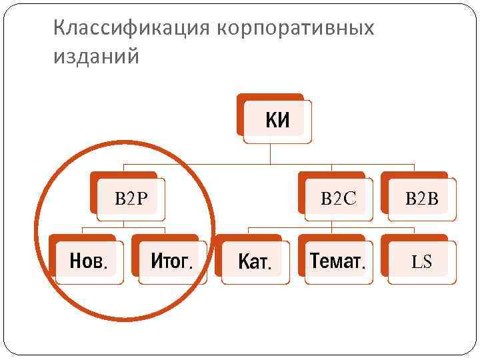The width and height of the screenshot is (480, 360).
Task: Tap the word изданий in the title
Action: [97, 57]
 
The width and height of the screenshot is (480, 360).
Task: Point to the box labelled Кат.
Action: [253, 261]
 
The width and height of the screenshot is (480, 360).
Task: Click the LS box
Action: [421, 261]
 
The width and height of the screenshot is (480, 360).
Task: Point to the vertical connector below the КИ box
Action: [269, 154]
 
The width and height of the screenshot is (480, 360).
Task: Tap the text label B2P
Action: [131, 198]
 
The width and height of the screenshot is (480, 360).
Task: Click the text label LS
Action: [421, 262]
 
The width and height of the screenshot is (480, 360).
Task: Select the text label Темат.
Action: [338, 261]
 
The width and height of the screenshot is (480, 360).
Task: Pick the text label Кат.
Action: [255, 262]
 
